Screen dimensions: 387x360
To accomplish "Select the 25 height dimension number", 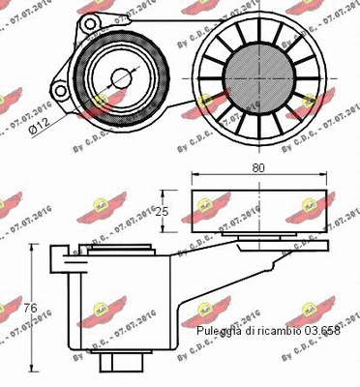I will (165, 211).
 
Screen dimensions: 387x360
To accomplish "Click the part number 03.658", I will (319, 332).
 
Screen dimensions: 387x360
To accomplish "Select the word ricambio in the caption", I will (277, 332).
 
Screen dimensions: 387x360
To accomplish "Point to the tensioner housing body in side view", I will (106, 300).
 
